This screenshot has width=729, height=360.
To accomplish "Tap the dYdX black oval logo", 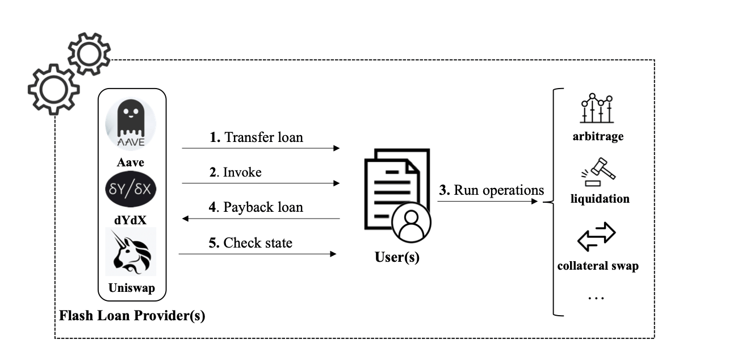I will [131, 191].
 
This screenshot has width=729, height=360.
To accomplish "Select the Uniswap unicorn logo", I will [131, 253].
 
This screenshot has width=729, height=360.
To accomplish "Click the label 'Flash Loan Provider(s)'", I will [132, 316].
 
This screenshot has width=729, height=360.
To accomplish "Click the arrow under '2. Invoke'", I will [260, 183].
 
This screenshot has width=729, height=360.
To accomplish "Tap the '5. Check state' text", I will [250, 243].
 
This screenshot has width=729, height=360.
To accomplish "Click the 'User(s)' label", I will [397, 257].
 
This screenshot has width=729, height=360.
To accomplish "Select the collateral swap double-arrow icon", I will [596, 237].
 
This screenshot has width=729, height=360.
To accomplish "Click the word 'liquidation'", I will [600, 199].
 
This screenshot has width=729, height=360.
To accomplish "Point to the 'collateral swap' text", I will [598, 266].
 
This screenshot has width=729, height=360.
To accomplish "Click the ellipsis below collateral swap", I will [596, 297].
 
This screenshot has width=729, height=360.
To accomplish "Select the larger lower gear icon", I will [54, 89].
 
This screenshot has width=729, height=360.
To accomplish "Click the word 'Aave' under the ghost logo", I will [131, 163].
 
